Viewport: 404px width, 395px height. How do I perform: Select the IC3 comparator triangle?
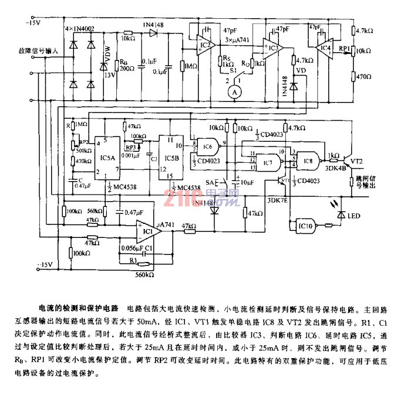coord(274,46)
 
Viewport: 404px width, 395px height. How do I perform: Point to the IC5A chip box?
coord(107,158)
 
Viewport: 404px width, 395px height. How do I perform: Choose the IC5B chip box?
coord(172,158)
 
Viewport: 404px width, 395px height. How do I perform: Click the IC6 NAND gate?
coord(207,147)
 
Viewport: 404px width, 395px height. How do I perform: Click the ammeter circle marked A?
coord(235,91)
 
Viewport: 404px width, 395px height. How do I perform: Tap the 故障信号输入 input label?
coord(38,52)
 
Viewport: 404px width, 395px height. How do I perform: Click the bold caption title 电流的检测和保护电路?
coord(79,307)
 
